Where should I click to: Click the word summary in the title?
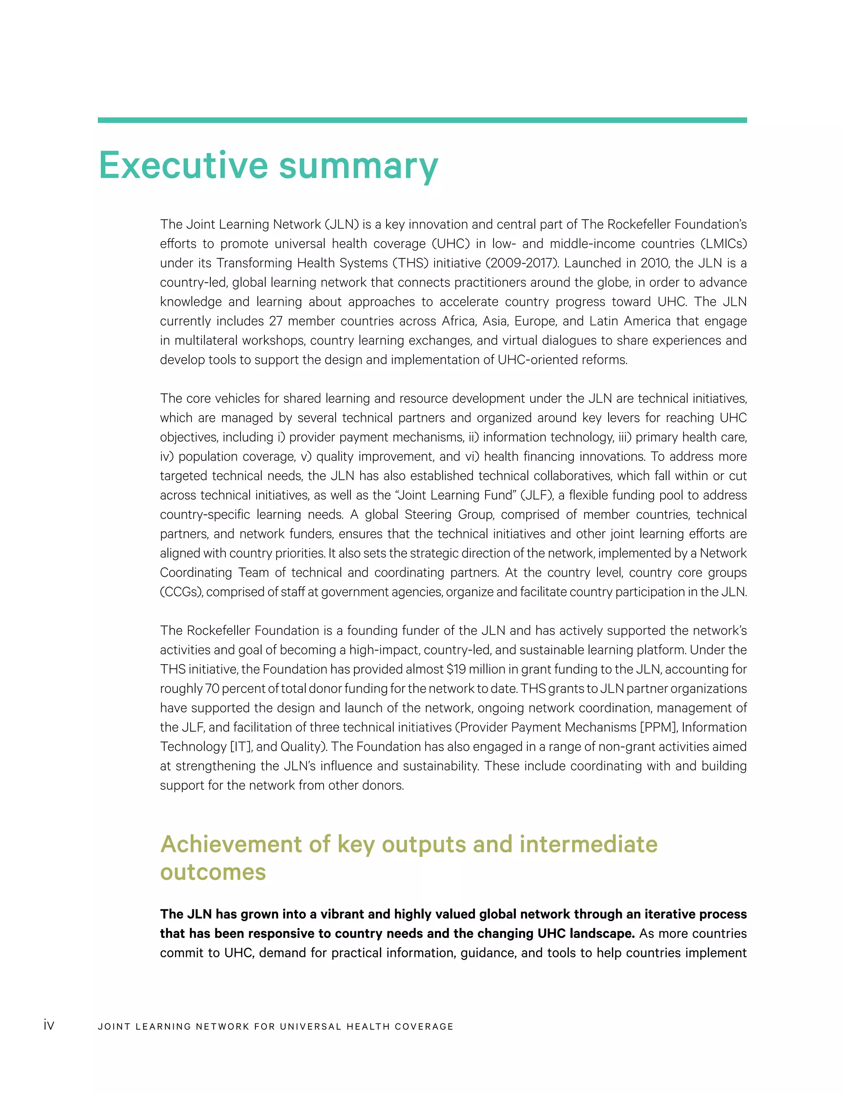click(x=359, y=166)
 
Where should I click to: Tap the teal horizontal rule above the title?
click(x=422, y=120)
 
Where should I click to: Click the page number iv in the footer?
click(x=49, y=1025)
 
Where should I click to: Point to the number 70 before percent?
click(x=212, y=689)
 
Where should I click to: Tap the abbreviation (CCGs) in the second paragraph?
click(x=181, y=592)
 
